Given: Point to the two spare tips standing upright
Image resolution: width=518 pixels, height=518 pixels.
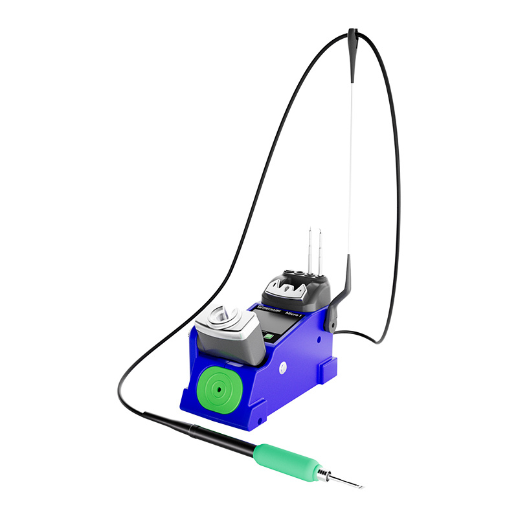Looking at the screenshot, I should [x=313, y=249].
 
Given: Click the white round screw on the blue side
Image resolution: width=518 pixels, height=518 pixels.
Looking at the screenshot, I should [x=283, y=367].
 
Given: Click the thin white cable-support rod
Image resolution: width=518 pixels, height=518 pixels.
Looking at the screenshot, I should [x=350, y=168].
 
